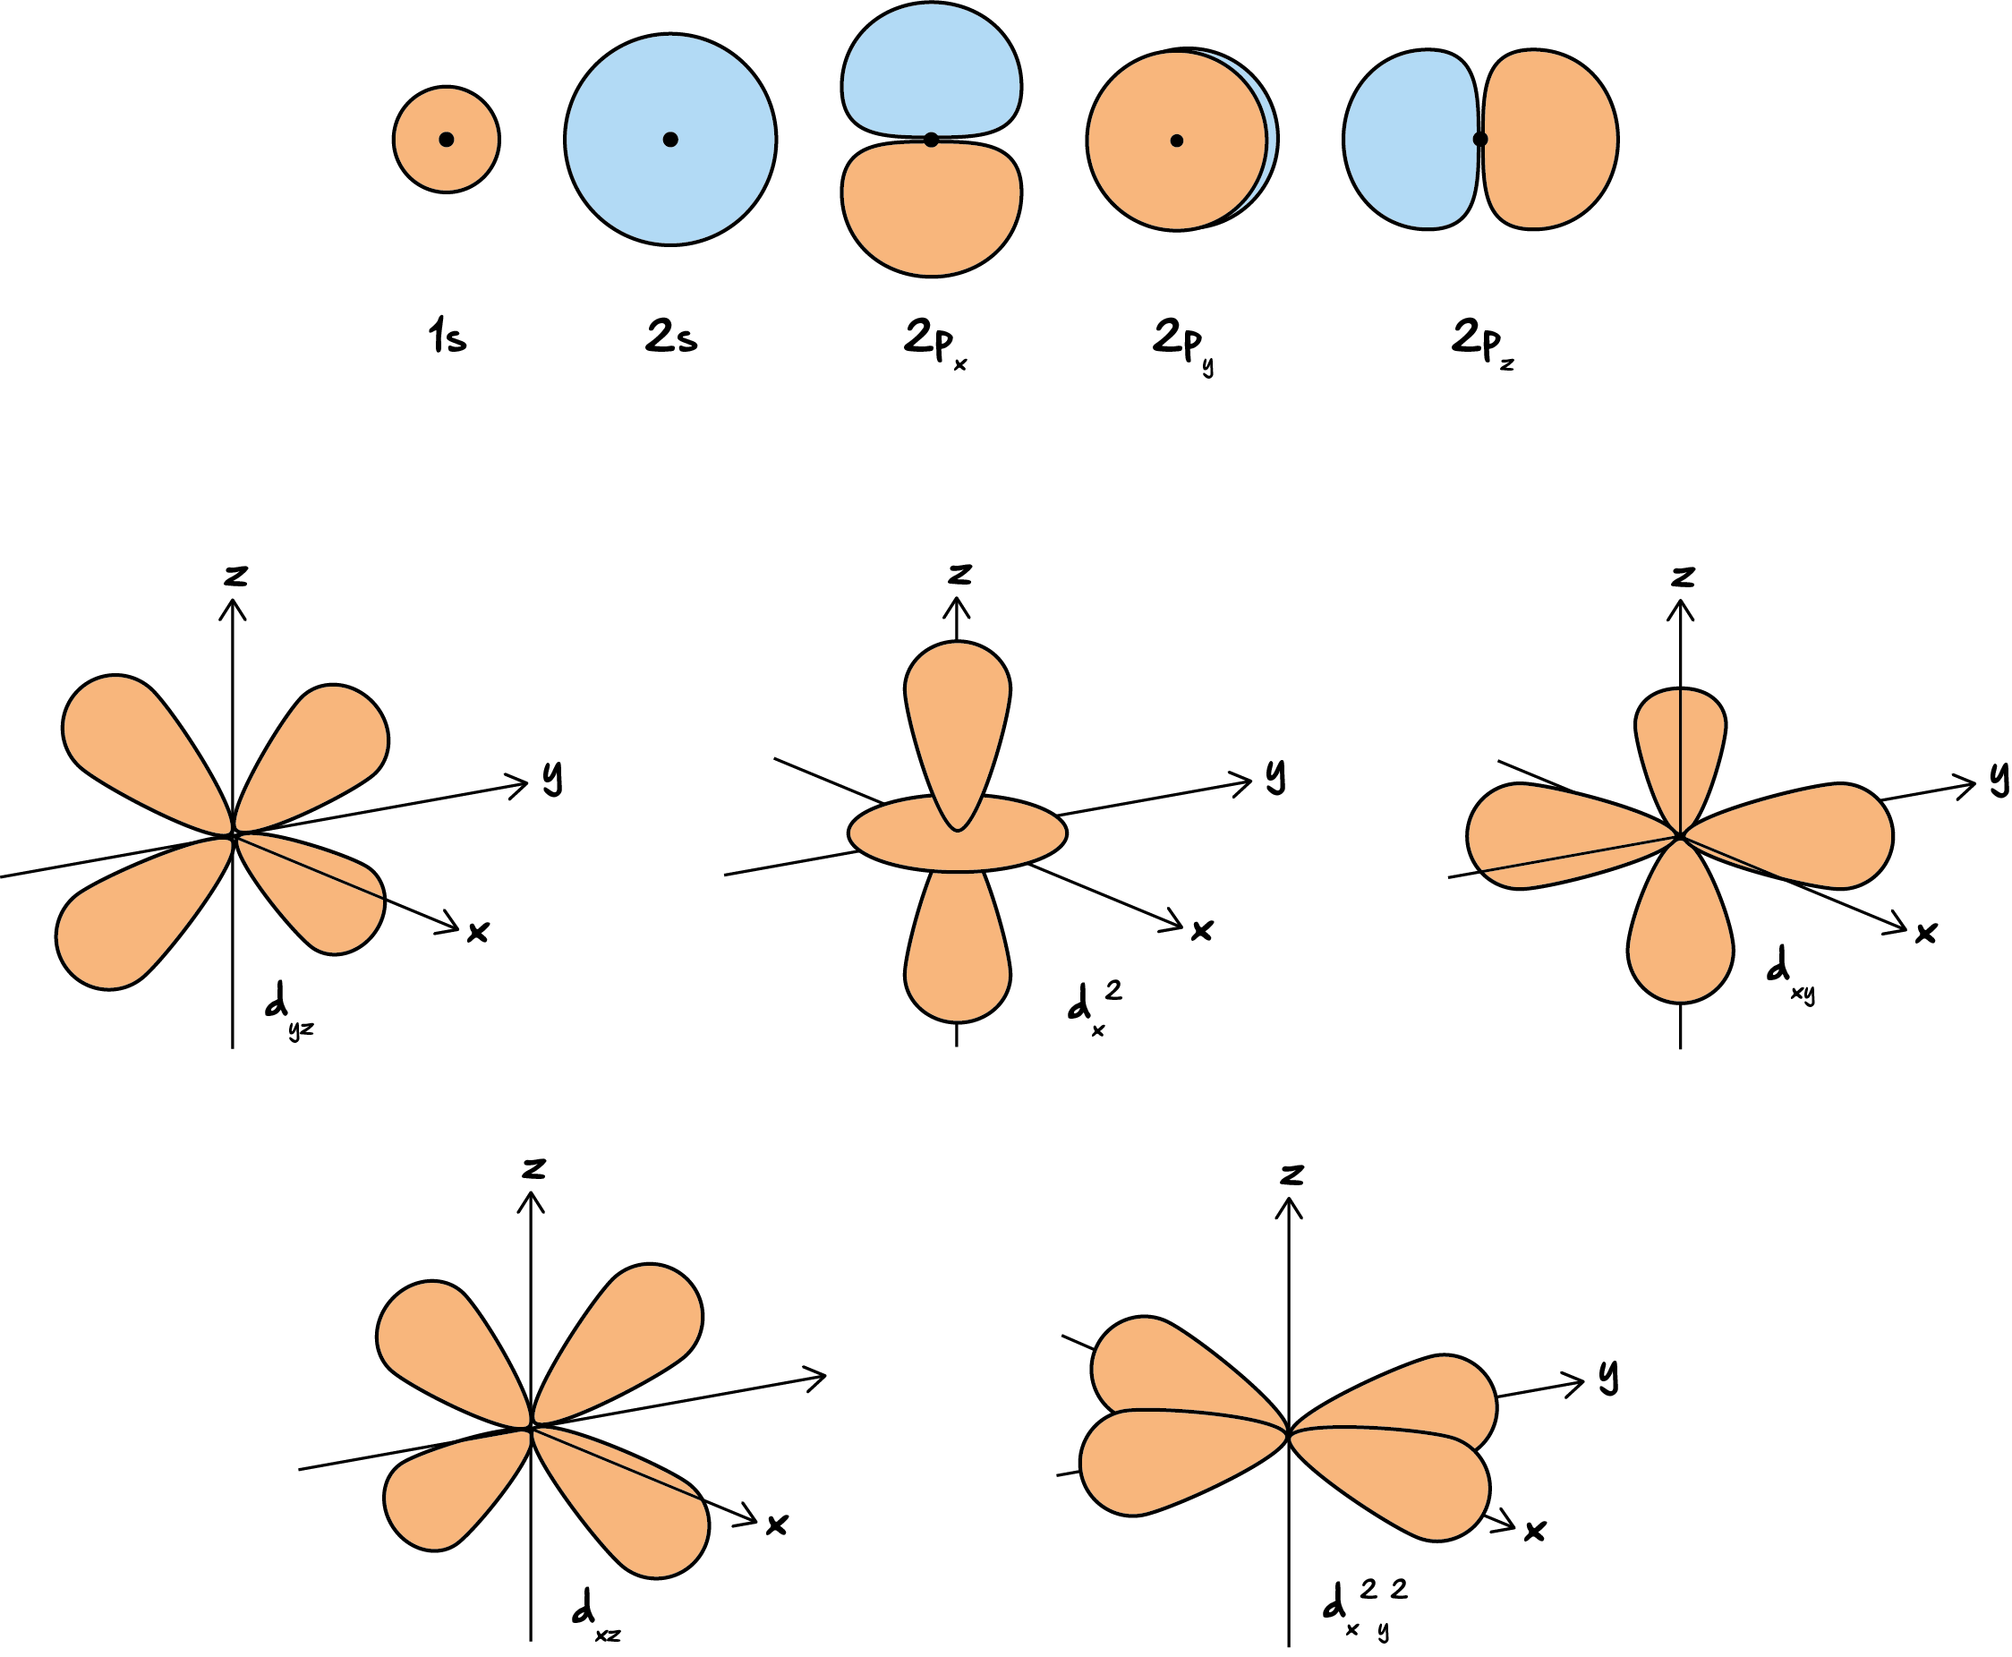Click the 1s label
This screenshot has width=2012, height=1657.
(448, 336)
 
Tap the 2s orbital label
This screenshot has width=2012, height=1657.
(671, 336)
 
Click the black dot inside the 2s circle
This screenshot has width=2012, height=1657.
(671, 140)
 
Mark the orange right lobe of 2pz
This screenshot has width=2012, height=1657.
(1550, 140)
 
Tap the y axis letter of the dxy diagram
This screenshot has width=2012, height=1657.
(1999, 778)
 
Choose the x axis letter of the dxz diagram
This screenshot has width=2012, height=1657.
(777, 1525)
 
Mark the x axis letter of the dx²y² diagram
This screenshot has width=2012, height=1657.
(1535, 1532)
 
